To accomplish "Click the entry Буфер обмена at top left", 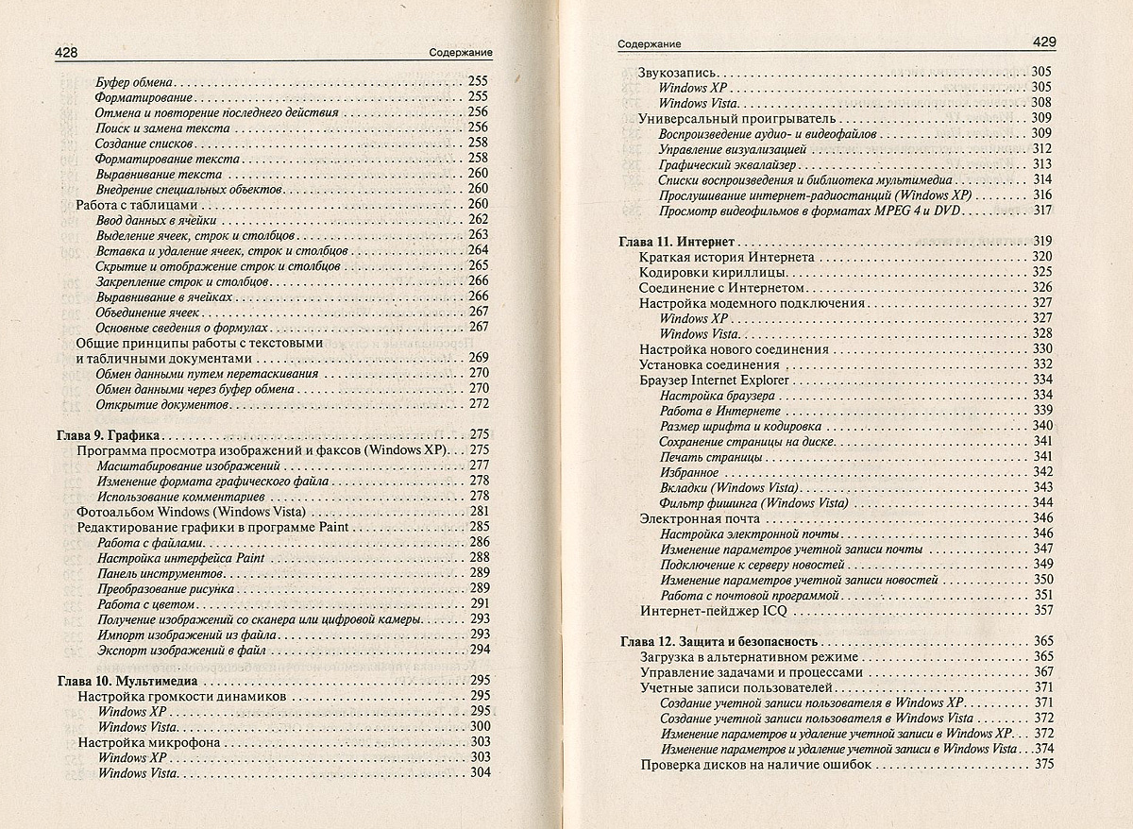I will [136, 81].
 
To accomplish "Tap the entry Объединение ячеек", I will [147, 312].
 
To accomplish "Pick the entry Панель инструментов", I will [149, 573].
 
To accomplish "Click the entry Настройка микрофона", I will [148, 742].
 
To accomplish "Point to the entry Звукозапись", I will [678, 72].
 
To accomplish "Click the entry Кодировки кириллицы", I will [713, 272].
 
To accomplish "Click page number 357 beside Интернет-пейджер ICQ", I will [1042, 611].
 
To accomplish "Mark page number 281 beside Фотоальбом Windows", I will [479, 511].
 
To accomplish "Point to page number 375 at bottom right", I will [1042, 765].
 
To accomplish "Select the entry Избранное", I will [689, 472].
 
